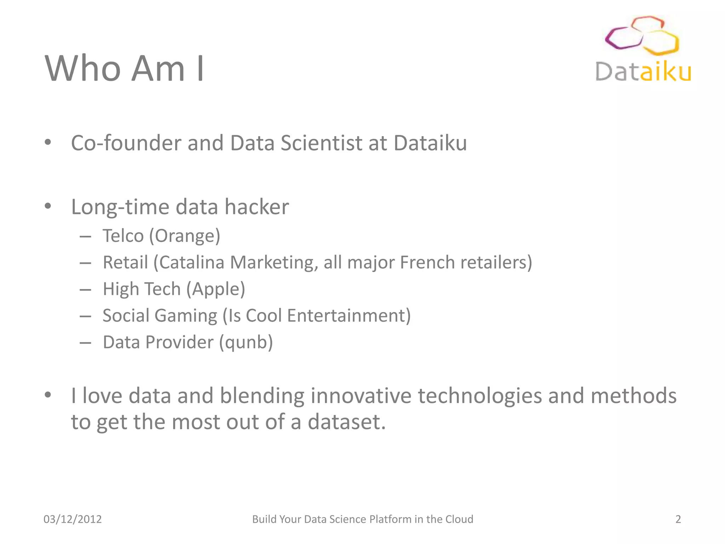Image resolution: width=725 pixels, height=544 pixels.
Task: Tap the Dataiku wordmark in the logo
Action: [643, 72]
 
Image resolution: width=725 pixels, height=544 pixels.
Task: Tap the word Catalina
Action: [192, 262]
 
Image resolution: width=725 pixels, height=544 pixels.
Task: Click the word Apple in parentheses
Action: [216, 289]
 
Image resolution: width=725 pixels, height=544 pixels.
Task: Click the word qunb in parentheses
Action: [246, 342]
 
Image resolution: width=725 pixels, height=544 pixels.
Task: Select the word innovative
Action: [361, 396]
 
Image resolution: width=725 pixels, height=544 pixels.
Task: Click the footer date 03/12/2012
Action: [73, 519]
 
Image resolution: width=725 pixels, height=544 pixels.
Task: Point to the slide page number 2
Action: [678, 519]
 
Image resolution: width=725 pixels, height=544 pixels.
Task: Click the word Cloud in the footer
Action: [459, 519]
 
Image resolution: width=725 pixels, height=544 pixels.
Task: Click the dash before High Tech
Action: [85, 290]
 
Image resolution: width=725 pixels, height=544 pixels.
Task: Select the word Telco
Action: [123, 236]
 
